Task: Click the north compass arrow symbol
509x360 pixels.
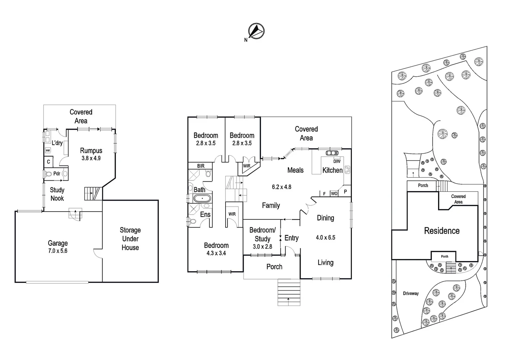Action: (x=256, y=31)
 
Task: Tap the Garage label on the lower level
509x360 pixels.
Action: (x=58, y=243)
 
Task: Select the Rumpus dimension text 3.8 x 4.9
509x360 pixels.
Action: (x=91, y=158)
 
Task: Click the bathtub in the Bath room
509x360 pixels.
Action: (x=202, y=199)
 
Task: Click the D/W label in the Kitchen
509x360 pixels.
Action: (x=337, y=161)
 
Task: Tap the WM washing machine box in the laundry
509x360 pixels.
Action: (x=48, y=151)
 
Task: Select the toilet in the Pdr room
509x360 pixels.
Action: (x=48, y=174)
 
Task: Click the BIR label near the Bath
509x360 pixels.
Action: (x=201, y=166)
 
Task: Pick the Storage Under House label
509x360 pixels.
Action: (x=130, y=239)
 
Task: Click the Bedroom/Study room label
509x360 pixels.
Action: (x=262, y=234)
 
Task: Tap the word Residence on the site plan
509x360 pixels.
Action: (x=441, y=231)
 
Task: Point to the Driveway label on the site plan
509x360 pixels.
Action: (x=410, y=293)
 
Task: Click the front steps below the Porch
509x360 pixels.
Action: (x=289, y=292)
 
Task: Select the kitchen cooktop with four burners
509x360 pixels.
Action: (x=347, y=170)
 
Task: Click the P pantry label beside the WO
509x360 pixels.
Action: (x=345, y=192)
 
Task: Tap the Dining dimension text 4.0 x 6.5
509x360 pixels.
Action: (x=325, y=238)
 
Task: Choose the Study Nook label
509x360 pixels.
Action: (x=57, y=194)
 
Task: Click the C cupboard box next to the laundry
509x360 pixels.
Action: (x=48, y=162)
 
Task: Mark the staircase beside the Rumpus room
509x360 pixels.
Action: (x=92, y=193)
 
